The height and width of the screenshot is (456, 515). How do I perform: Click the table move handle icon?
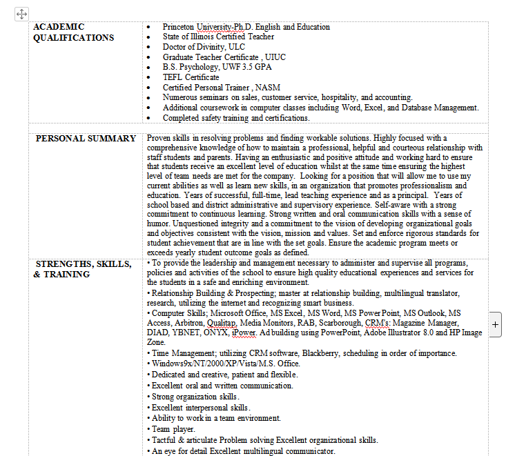coord(21,14)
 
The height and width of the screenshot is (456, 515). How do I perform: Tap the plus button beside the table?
coord(495,324)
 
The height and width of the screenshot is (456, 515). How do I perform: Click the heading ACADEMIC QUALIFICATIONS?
coord(73,32)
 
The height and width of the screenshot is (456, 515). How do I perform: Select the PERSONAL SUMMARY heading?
coord(86,138)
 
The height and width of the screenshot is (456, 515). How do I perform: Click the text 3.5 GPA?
coord(256,67)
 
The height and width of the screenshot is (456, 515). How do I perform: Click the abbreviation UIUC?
coord(275,57)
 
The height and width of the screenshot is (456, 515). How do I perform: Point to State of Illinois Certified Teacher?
coord(218,37)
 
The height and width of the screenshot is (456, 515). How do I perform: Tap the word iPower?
coord(244,333)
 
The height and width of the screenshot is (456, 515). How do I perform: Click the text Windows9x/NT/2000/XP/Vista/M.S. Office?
coord(226,363)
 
